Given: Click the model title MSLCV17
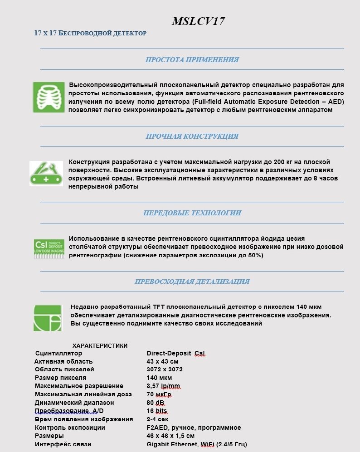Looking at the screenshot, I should coord(198,21).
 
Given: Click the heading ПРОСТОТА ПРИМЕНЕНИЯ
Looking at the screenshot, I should coord(192,59).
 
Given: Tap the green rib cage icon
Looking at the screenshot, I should coord(49,97).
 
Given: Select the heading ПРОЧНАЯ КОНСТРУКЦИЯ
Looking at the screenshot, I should coord(192,136).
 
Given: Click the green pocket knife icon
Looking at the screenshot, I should coord(46,174).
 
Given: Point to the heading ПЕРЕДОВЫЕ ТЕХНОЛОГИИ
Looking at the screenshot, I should coord(192,213).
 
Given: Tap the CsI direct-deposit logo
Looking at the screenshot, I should coord(49,249).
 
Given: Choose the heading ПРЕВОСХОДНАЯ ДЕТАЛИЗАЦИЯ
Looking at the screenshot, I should coord(192,282).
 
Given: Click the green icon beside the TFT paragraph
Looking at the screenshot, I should coord(47,317).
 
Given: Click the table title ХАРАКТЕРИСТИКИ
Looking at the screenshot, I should coord(100,345).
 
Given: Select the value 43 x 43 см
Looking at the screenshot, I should coord(162,361).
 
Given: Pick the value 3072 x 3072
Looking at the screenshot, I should coord(164,369).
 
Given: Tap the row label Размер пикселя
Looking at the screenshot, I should coord(60,378).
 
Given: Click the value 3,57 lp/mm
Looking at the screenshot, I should coord(163,386).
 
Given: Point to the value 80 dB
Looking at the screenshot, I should coord(156,403).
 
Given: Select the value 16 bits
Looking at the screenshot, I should coord(157,411).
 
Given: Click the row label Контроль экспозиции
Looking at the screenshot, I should coord(70,428).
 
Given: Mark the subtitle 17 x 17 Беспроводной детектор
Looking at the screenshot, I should coord(91,33).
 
